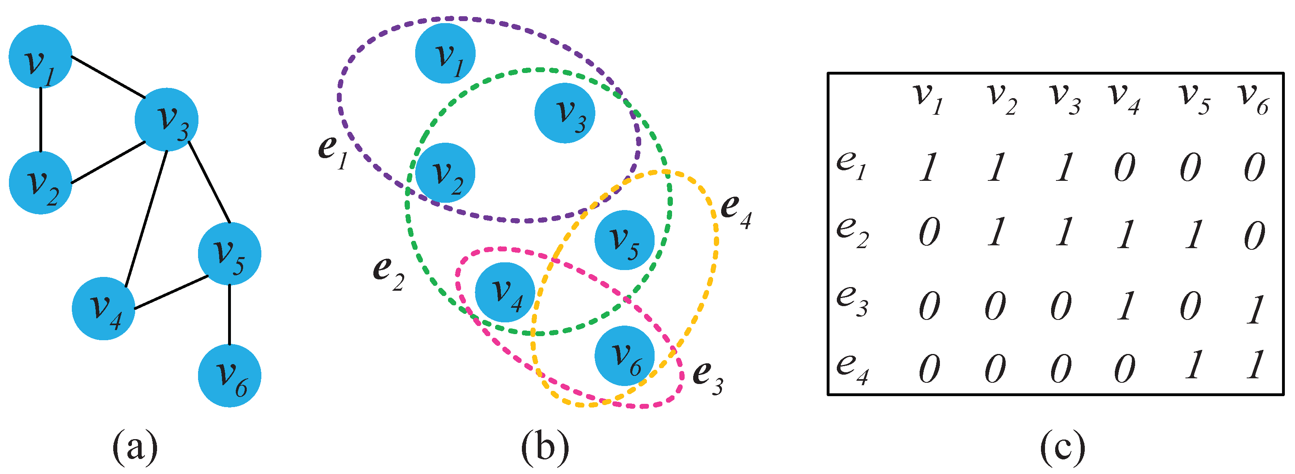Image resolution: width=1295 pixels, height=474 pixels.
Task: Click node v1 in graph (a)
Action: point(40,56)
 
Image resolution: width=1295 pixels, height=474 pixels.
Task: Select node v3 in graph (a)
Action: point(166,120)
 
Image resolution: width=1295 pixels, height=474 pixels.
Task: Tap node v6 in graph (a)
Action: point(229,375)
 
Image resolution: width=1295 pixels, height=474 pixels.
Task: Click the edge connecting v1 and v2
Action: point(40,120)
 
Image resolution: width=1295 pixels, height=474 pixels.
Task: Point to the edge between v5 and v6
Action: point(229,315)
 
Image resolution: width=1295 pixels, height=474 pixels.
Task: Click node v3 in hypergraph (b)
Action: point(565,113)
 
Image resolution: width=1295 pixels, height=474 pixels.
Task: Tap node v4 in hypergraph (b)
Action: point(505,292)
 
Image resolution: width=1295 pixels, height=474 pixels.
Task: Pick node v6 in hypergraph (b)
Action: point(625,356)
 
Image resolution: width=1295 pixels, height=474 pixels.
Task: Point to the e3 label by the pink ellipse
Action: point(707,377)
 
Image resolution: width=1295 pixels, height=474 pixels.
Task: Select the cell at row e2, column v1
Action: point(929,234)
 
